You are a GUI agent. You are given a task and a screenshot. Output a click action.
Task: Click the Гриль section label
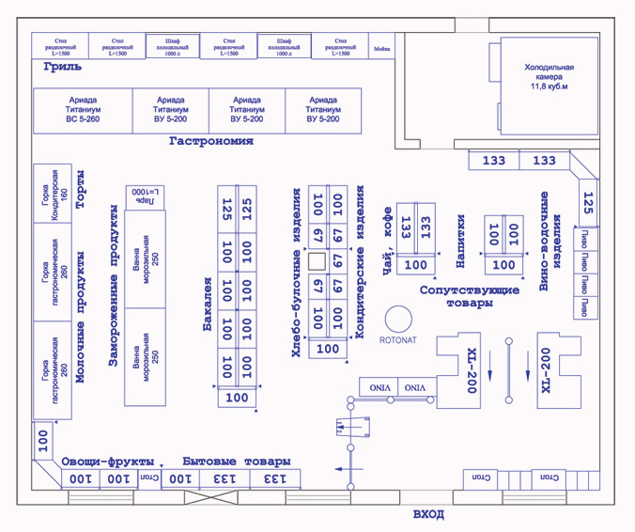pyautogui.click(x=63, y=67)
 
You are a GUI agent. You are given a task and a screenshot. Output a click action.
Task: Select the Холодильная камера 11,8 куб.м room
pyautogui.click(x=549, y=79)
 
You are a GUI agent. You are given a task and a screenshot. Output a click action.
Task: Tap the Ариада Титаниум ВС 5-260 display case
pyautogui.click(x=84, y=110)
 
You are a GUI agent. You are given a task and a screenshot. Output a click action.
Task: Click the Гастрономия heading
pyautogui.click(x=211, y=141)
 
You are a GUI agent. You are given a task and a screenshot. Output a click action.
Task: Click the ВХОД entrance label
pyautogui.click(x=428, y=515)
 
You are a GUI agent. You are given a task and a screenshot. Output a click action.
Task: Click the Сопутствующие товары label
pyautogui.click(x=470, y=297)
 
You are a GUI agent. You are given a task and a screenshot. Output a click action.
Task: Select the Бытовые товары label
pyautogui.click(x=235, y=462)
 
